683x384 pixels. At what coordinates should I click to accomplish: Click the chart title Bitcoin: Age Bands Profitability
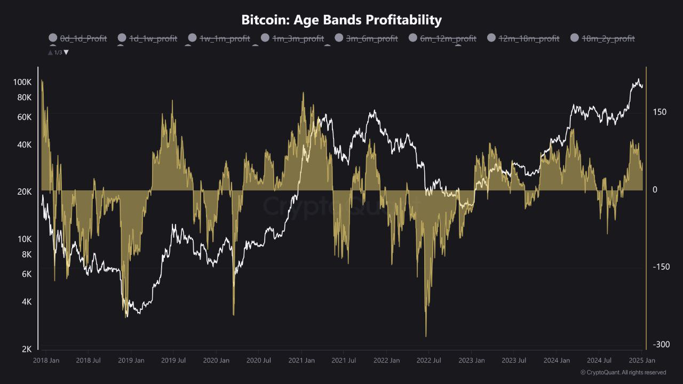[341, 20]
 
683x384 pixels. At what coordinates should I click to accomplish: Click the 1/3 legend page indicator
[58, 52]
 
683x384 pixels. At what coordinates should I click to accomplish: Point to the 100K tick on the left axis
[23, 82]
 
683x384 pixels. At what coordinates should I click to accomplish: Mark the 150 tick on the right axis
[660, 112]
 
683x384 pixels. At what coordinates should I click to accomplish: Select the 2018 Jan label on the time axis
[46, 361]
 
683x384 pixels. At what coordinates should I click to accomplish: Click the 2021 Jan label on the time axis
[301, 361]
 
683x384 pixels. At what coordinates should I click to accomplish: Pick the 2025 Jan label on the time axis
[642, 361]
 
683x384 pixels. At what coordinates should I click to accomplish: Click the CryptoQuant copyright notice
[623, 372]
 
